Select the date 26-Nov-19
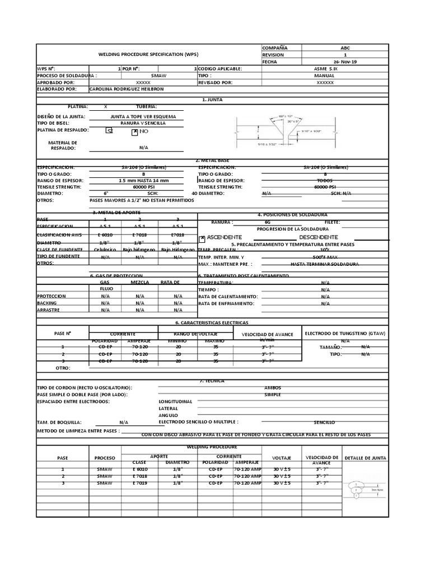345,62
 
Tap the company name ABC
345,48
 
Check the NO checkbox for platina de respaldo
134,132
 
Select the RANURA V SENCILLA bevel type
143,123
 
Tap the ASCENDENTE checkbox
203,237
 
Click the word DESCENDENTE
317,237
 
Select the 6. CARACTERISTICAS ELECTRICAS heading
212,323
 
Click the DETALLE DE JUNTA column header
364,458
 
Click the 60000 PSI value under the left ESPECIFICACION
143,187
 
